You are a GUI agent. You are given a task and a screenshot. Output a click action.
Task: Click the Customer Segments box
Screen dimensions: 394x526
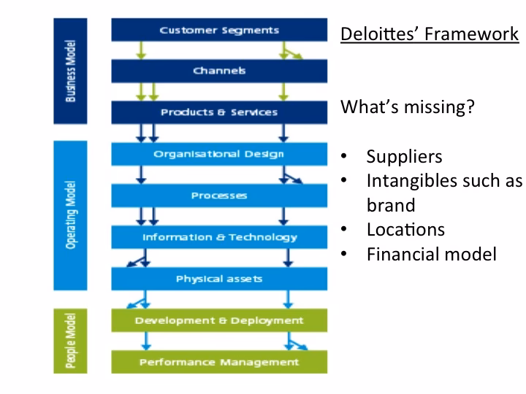[x=219, y=30]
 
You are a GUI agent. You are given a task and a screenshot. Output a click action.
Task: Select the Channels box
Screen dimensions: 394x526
[x=219, y=71]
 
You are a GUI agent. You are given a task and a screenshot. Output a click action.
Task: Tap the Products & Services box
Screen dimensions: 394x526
[x=219, y=112]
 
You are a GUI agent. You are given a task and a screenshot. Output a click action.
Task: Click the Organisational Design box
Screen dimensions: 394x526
[x=219, y=154]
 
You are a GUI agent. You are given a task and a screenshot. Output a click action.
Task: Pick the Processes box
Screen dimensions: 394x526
[x=219, y=196]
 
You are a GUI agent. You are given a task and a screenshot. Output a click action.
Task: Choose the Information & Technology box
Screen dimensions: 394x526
[x=219, y=237]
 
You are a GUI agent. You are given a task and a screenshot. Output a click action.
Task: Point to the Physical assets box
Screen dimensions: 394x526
[x=219, y=279]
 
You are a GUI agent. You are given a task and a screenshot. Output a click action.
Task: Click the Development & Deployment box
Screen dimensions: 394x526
[x=219, y=320]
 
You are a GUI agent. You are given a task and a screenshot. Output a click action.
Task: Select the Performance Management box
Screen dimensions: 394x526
[x=219, y=362]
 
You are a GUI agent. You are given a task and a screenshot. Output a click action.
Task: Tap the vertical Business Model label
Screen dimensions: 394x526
[x=70, y=71]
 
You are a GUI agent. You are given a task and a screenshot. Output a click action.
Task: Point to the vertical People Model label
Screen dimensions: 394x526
[x=70, y=341]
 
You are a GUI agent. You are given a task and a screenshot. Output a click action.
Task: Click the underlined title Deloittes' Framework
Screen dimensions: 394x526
[x=430, y=34]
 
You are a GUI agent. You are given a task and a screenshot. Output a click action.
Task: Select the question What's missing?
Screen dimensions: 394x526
[x=408, y=107]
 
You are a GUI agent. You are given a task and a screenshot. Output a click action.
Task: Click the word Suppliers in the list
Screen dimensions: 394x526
[x=404, y=157]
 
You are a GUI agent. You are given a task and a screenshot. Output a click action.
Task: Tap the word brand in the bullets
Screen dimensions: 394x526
[x=390, y=205]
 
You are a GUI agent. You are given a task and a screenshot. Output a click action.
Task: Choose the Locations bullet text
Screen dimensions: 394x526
[x=405, y=229]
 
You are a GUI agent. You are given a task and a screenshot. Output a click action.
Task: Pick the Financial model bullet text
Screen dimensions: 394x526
[x=431, y=254]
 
